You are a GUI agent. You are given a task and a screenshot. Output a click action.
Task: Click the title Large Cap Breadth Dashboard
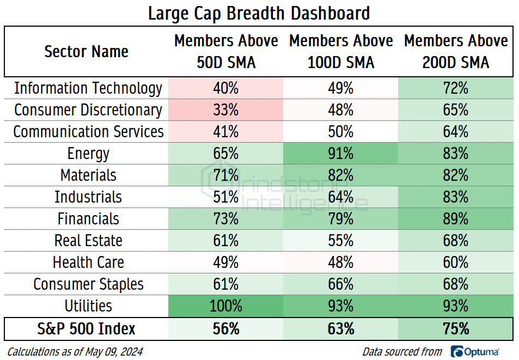(259, 13)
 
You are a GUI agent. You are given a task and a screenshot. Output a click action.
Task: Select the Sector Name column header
(87, 52)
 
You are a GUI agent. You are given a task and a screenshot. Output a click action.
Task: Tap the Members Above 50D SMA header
(226, 52)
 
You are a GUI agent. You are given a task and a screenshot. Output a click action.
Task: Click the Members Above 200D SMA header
(455, 52)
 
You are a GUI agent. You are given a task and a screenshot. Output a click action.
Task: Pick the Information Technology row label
(88, 88)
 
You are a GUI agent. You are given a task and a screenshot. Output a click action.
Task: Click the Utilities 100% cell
(226, 306)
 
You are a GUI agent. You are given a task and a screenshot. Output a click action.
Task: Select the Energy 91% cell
(341, 154)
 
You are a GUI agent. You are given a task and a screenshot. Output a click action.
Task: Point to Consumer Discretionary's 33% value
(226, 110)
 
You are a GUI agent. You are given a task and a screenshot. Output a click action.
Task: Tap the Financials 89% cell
(455, 219)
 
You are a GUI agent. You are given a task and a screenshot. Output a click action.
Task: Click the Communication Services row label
(88, 132)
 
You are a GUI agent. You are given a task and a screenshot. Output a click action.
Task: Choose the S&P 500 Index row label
(87, 329)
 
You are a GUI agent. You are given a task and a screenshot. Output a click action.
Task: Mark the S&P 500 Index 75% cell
(455, 329)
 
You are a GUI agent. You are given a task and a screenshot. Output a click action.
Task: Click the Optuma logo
(475, 351)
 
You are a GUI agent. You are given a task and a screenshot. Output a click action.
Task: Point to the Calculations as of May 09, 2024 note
(75, 351)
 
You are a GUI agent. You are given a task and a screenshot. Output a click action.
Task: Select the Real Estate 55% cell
(341, 241)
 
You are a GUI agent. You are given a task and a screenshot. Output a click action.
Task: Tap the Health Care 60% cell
(455, 263)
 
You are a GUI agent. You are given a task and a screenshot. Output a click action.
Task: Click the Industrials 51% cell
(226, 197)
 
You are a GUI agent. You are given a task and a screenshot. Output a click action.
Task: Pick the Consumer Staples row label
(88, 284)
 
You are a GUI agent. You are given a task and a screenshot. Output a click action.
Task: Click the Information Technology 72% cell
(455, 88)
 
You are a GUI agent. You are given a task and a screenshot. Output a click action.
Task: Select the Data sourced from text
(402, 351)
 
